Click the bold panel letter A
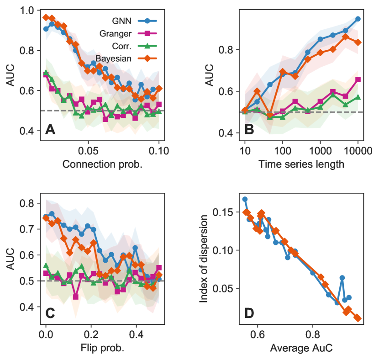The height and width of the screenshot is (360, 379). (50, 130)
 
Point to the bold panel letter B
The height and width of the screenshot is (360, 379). (249, 130)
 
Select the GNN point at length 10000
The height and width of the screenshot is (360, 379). (358, 19)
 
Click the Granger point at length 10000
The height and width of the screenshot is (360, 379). (358, 79)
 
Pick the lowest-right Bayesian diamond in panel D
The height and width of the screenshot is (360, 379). (358, 318)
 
